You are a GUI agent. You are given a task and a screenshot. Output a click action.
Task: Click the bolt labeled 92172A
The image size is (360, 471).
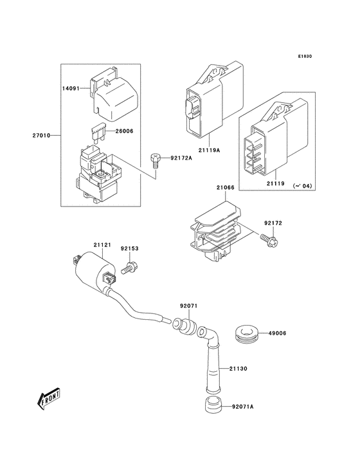155,158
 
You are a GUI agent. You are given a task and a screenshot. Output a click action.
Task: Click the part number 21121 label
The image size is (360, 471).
102,245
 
